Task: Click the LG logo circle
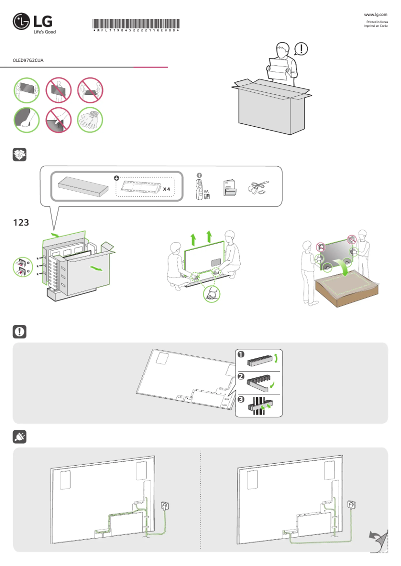point(22,23)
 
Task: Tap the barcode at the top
point(136,24)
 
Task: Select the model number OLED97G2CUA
point(28,59)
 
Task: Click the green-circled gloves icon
point(90,120)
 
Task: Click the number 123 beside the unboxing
point(21,223)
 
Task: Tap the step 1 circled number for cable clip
point(241,354)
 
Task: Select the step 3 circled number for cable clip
point(241,400)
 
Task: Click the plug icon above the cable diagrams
point(19,437)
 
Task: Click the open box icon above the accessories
point(19,155)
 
